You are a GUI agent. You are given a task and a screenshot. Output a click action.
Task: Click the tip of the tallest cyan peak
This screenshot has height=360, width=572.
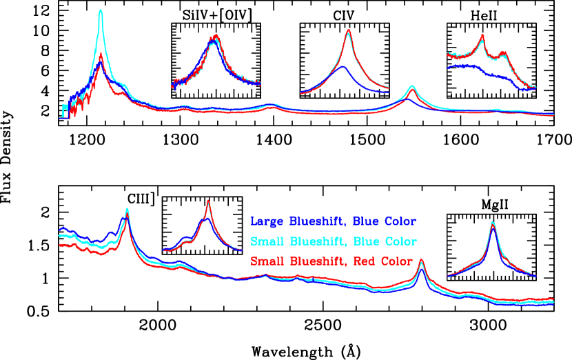coord(101,10)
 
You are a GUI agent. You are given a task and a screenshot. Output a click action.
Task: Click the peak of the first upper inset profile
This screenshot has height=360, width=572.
coord(216,37)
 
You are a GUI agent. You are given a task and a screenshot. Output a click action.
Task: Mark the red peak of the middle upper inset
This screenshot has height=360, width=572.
coord(349,30)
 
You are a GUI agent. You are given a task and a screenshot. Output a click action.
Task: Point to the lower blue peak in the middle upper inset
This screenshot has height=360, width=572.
coord(343,67)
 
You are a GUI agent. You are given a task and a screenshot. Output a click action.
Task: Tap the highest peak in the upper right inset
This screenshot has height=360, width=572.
coord(482,35)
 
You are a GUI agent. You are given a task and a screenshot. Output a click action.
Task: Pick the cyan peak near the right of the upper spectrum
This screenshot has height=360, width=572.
coord(412,86)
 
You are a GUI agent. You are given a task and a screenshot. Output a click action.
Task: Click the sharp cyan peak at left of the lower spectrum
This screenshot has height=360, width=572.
coord(127,209)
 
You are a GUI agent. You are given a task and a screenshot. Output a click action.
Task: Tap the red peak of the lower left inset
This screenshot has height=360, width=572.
coord(207,201)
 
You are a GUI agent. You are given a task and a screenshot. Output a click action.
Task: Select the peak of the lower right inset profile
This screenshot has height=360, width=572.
coord(492,223)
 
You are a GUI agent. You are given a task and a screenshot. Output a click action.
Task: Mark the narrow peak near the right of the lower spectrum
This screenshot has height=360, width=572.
coord(421,260)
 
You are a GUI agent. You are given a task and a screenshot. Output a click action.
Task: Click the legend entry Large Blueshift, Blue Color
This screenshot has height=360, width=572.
coord(333,222)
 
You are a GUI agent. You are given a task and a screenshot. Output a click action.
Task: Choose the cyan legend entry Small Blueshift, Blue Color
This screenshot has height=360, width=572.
coord(333,242)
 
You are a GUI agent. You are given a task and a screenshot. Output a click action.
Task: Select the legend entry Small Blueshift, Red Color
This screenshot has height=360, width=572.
coord(331,261)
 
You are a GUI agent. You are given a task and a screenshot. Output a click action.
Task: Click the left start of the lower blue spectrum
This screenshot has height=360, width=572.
coord(61,228)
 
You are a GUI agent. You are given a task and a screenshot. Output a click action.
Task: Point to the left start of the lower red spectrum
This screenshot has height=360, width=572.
coord(61,244)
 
